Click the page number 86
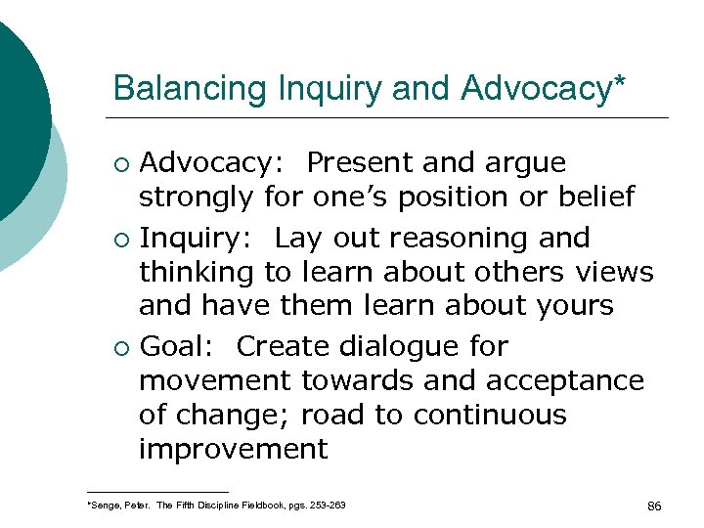[654, 506]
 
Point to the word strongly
[197, 198]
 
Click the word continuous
[490, 415]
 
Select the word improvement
[232, 449]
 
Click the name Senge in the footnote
[105, 505]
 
